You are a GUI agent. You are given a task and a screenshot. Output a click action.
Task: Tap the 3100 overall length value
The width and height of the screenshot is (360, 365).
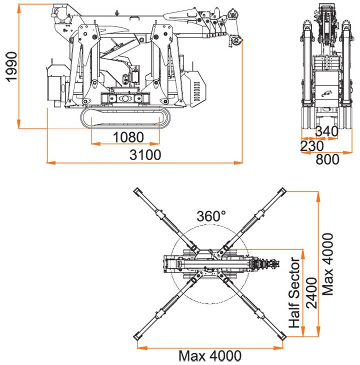[145, 155]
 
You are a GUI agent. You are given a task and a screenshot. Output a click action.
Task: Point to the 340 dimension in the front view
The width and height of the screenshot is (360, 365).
[327, 131]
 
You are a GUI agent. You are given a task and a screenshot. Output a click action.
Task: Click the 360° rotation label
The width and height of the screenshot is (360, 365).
[211, 216]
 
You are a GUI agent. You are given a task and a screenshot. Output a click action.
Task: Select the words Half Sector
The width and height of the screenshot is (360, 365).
[295, 293]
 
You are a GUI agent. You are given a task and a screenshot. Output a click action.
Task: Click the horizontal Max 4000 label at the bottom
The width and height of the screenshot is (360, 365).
[210, 356]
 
